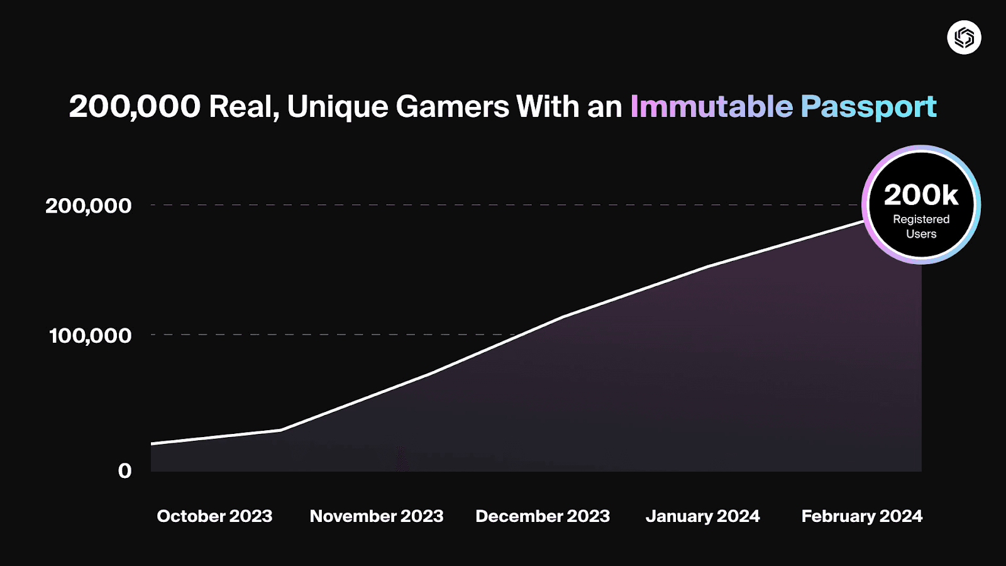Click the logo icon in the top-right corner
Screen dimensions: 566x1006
coord(964,38)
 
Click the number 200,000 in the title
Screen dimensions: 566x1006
coord(135,106)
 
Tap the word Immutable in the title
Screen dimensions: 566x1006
coord(711,106)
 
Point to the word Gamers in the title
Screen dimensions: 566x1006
coord(452,106)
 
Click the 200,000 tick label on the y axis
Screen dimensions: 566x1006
coord(89,206)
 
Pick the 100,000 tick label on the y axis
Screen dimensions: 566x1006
coord(91,335)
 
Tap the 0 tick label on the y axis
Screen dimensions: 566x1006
coord(124,470)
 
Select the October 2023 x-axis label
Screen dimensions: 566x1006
coord(214,516)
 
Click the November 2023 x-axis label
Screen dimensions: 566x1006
coord(377,516)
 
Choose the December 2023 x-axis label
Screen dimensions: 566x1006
coord(543,516)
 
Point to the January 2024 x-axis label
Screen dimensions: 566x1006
coord(702,516)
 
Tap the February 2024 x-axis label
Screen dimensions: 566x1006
coord(861,516)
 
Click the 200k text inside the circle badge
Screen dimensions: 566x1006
coord(921,195)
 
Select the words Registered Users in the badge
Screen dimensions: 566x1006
coord(921,226)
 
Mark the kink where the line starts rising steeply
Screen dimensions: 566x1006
coord(280,430)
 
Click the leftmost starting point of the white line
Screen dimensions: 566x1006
coord(152,444)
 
